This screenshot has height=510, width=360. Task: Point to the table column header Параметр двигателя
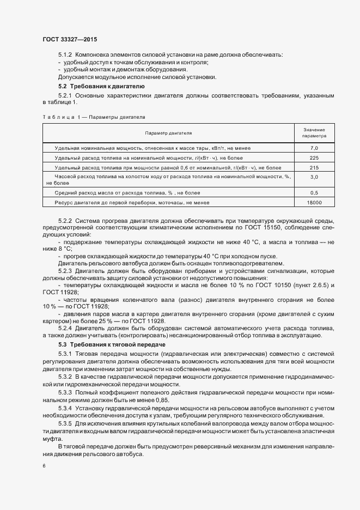point(168,132)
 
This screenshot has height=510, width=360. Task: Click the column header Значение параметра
point(314,132)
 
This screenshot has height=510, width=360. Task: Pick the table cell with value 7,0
point(314,148)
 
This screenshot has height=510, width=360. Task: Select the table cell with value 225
point(314,158)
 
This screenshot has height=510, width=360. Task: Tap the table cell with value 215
point(314,168)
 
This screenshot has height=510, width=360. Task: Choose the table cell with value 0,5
point(314,193)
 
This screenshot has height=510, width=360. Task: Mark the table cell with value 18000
point(314,203)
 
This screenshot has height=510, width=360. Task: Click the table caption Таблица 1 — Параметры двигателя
point(93,117)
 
